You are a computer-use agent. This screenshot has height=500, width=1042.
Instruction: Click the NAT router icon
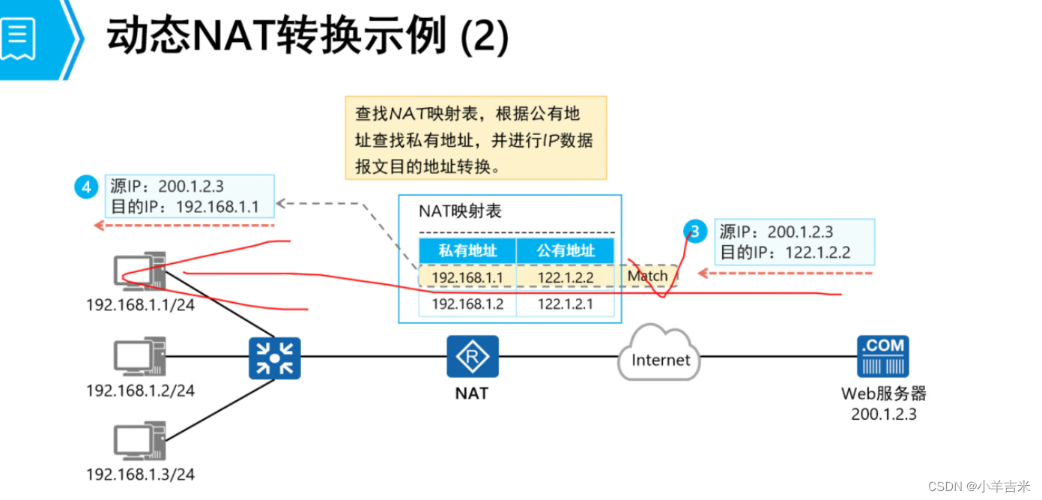(472, 357)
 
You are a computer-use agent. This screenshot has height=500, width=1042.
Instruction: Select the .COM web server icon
(882, 356)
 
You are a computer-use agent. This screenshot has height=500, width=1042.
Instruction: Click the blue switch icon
(275, 358)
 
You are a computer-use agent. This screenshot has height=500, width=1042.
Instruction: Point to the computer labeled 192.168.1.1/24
(139, 271)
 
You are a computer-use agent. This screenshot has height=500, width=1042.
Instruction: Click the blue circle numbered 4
(86, 187)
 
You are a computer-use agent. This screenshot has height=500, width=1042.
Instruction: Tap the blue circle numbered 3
(695, 232)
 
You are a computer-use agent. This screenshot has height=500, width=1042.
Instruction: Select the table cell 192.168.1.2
(467, 304)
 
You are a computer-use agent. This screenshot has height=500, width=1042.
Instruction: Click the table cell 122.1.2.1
(565, 304)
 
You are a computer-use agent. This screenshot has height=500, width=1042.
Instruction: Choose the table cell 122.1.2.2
(565, 277)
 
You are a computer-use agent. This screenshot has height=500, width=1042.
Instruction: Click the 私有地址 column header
(467, 250)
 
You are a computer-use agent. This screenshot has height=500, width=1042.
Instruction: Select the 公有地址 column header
(565, 250)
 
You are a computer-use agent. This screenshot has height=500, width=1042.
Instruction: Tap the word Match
(647, 276)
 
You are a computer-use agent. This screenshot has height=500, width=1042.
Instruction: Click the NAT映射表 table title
(460, 211)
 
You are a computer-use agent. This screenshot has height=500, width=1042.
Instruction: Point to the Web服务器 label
(883, 394)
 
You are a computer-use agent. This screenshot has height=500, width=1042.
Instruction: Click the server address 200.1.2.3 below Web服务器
(883, 414)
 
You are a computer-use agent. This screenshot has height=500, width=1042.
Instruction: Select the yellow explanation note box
(475, 137)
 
